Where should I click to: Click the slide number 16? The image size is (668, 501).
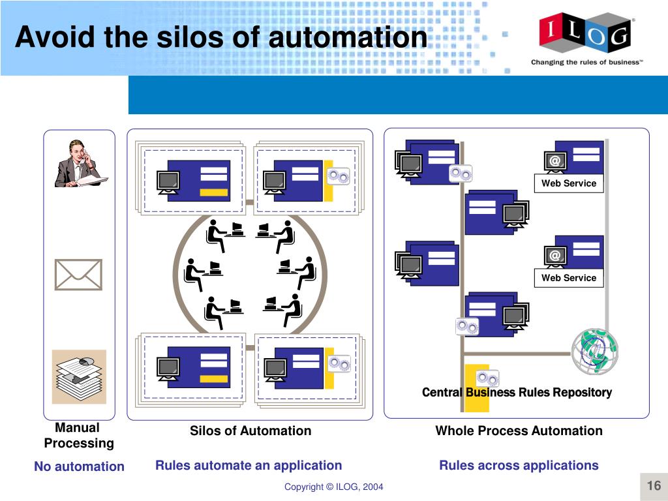pyautogui.click(x=654, y=486)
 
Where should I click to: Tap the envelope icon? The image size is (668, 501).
pyautogui.click(x=78, y=275)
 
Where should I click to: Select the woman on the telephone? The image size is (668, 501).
pyautogui.click(x=79, y=164)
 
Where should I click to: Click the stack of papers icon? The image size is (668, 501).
pyautogui.click(x=79, y=376)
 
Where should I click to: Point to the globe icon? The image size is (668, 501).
pyautogui.click(x=594, y=350)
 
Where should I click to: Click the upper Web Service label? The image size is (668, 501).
pyautogui.click(x=568, y=183)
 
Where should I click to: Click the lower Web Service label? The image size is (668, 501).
pyautogui.click(x=568, y=278)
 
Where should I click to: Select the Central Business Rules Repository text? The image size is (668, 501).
pyautogui.click(x=517, y=392)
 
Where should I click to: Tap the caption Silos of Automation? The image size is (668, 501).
pyautogui.click(x=250, y=431)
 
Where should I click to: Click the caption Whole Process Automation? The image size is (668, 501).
pyautogui.click(x=519, y=431)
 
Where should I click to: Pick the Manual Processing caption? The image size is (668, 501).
pyautogui.click(x=78, y=435)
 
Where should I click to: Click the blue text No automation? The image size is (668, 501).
pyautogui.click(x=79, y=466)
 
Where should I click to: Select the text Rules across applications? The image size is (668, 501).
pyautogui.click(x=519, y=465)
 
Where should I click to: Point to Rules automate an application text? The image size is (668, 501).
pyautogui.click(x=249, y=465)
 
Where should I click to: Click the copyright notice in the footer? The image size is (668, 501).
pyautogui.click(x=333, y=487)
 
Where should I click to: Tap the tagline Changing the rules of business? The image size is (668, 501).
pyautogui.click(x=586, y=63)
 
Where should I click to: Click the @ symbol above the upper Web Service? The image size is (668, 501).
pyautogui.click(x=554, y=160)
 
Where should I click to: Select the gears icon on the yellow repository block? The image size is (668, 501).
pyautogui.click(x=487, y=378)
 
